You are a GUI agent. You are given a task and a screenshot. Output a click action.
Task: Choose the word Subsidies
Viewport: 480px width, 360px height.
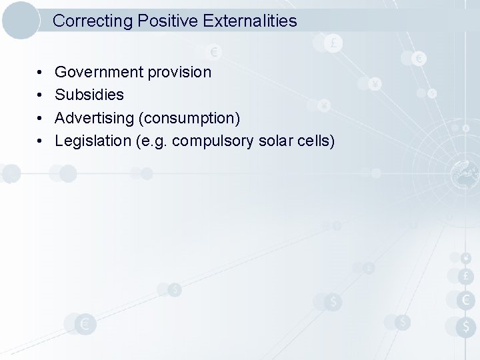click(89, 95)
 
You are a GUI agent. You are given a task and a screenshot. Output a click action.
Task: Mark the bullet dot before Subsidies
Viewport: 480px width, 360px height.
click(41, 95)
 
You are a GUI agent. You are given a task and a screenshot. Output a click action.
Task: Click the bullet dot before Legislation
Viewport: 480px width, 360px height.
click(41, 141)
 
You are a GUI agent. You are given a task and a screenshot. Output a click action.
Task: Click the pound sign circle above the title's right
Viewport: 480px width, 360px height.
click(332, 43)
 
